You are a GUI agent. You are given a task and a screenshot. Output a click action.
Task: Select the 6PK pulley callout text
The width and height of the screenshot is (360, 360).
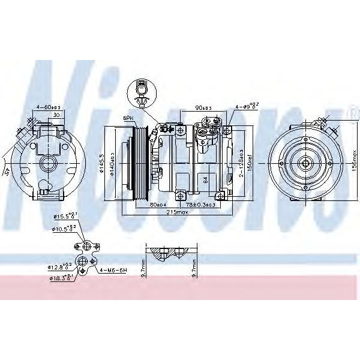coord(127,118)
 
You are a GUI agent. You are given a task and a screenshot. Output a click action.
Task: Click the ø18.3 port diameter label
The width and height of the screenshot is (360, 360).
coord(61,277)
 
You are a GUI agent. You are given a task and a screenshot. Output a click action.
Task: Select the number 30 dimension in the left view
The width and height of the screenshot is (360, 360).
coord(55,115)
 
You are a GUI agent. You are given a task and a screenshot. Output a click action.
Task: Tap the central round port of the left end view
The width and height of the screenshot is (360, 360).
coord(48,163)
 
